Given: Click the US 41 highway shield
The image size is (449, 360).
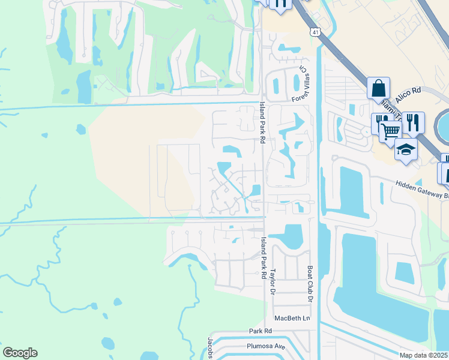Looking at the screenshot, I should pyautogui.click(x=315, y=31).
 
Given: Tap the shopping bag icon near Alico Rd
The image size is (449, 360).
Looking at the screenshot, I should pyautogui.click(x=379, y=88).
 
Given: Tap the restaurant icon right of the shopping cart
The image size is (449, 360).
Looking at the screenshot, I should pyautogui.click(x=412, y=122).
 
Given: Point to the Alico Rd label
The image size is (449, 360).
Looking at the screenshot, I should pyautogui.click(x=408, y=94).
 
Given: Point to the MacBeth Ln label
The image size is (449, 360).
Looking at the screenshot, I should pyautogui.click(x=292, y=318).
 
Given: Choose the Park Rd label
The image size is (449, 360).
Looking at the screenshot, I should pyautogui.click(x=261, y=331).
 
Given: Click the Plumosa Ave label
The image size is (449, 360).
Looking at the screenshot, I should pyautogui.click(x=264, y=346).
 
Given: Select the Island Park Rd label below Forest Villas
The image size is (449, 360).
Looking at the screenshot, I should pyautogui.click(x=262, y=121).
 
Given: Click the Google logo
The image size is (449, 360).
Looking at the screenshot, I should pyautogui.click(x=20, y=353).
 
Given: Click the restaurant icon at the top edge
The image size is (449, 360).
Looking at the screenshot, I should pyautogui.click(x=280, y=4).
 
